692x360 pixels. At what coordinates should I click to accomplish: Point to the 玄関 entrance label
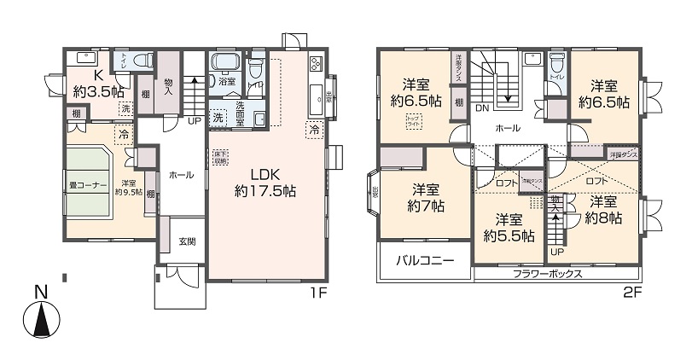point(187,241)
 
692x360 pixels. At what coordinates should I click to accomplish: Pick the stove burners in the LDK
point(315,63)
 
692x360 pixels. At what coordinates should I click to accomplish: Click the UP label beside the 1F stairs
point(195,121)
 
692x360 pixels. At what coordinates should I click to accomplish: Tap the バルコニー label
point(423,261)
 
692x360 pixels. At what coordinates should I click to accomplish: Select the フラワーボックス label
point(547,274)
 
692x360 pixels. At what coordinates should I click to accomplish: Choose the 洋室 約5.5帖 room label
point(509,227)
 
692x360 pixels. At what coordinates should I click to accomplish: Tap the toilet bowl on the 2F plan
point(557,63)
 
